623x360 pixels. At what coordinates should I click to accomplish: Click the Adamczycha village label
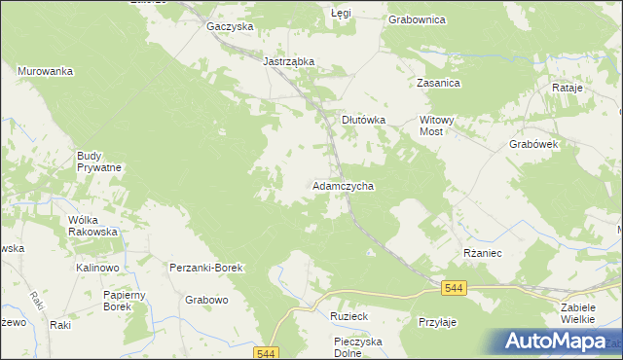[x=344, y=185]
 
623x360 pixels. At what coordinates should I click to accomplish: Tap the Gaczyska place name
[x=230, y=26]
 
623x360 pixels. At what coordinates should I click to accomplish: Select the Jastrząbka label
[x=289, y=60]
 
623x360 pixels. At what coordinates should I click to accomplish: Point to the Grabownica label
[x=417, y=18]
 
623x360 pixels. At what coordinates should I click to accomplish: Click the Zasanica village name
[x=438, y=84]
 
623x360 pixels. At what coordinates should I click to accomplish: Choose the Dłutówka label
[x=364, y=120]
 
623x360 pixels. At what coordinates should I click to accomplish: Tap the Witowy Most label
[x=436, y=126]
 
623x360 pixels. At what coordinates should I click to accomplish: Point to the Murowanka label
[x=46, y=71]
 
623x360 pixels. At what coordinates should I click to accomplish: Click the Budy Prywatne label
[x=99, y=162]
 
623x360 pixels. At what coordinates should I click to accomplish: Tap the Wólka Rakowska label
[x=92, y=226]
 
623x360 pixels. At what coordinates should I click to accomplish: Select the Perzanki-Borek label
[x=205, y=267]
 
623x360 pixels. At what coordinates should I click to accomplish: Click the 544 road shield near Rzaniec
[x=453, y=288]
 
